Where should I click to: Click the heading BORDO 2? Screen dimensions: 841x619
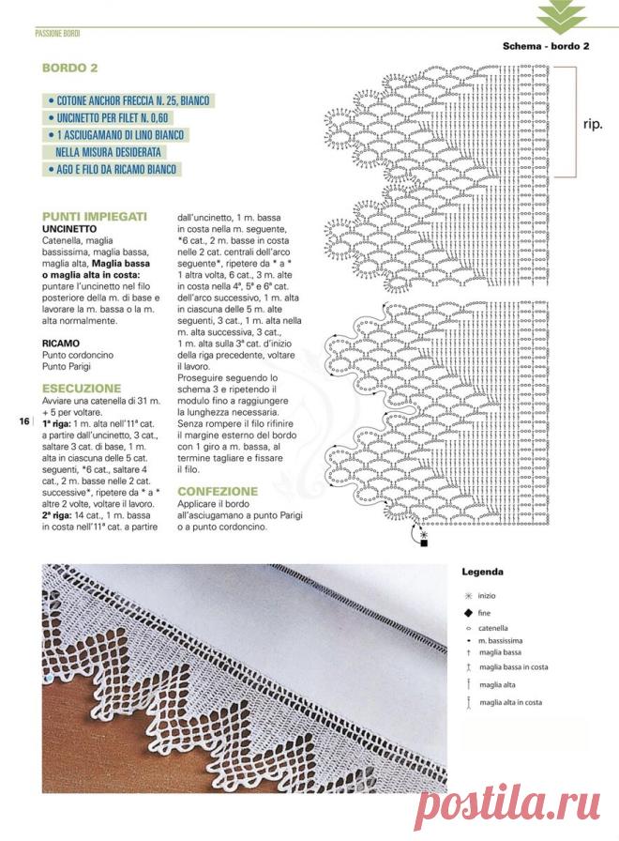coord(70,69)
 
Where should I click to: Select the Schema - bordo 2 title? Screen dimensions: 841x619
coord(545,46)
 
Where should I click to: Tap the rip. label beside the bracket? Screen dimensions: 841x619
coord(593,123)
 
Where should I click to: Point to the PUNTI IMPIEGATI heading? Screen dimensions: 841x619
coord(94,216)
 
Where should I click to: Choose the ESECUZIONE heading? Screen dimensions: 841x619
coord(82,388)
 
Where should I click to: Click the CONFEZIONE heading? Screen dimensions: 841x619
coord(218,491)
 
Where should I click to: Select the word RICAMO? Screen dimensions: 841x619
coord(61,344)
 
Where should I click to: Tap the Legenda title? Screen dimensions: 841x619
coord(483,571)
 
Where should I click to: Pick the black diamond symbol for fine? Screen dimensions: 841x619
coord(467,612)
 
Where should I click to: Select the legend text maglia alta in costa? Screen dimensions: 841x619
coord(510,702)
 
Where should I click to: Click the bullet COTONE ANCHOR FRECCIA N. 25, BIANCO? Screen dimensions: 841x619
coord(131,100)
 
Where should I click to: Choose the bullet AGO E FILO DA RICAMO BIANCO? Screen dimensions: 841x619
coord(115,169)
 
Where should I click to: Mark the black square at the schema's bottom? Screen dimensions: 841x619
coord(424,543)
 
